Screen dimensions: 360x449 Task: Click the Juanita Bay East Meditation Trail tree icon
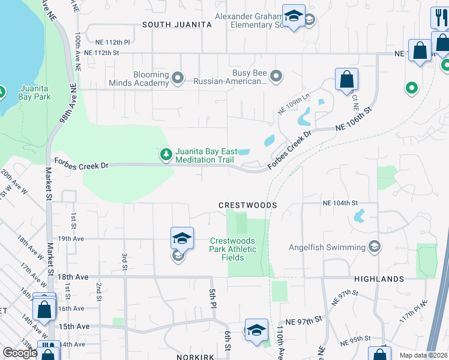click(x=166, y=155)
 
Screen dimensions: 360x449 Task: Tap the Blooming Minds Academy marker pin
click(x=177, y=78)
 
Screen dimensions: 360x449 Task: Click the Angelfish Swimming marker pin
click(x=375, y=247)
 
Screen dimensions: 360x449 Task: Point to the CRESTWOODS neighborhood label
click(x=247, y=205)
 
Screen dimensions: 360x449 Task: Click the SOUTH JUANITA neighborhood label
click(x=177, y=25)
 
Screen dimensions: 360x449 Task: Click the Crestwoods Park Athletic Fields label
click(x=234, y=249)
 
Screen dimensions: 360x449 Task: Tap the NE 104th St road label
click(x=340, y=203)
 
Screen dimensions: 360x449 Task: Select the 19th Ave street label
click(x=71, y=238)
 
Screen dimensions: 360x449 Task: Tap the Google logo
click(x=20, y=353)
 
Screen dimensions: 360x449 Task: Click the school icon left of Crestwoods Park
click(x=182, y=239)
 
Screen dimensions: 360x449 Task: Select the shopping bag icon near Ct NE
click(x=347, y=80)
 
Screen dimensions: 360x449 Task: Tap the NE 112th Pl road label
click(x=112, y=43)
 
